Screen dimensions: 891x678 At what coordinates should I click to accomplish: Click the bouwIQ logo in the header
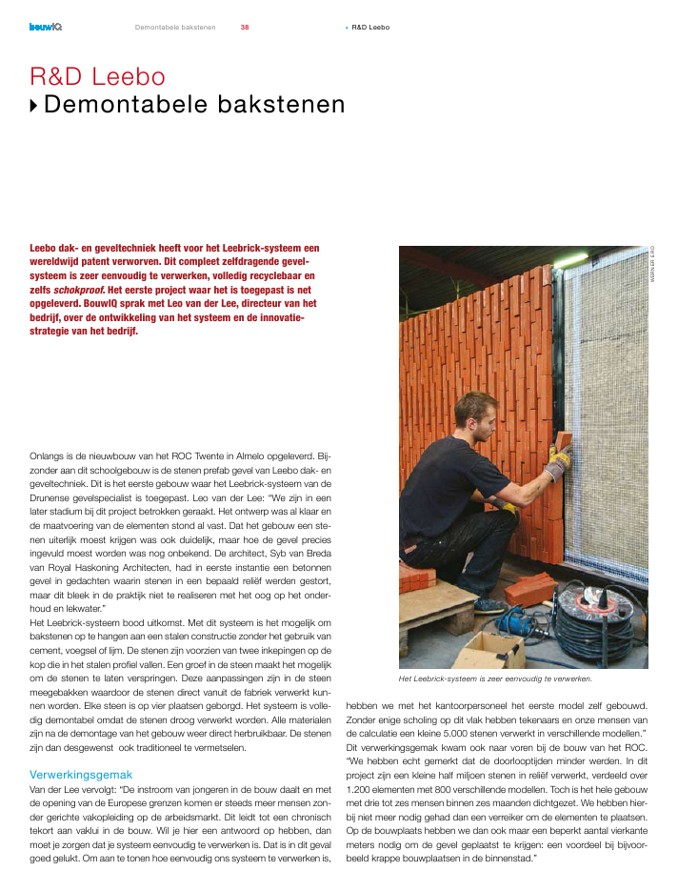45,27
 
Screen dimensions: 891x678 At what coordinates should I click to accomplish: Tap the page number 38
245,27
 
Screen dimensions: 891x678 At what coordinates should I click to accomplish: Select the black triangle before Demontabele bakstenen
35,105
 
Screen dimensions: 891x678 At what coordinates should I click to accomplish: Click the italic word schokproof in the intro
80,287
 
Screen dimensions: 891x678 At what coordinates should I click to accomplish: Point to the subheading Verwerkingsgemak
81,775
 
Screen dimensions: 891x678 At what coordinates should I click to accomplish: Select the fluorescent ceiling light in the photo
571,259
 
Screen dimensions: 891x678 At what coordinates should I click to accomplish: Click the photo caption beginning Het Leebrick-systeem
495,679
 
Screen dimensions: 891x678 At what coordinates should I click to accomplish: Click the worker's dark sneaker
488,606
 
